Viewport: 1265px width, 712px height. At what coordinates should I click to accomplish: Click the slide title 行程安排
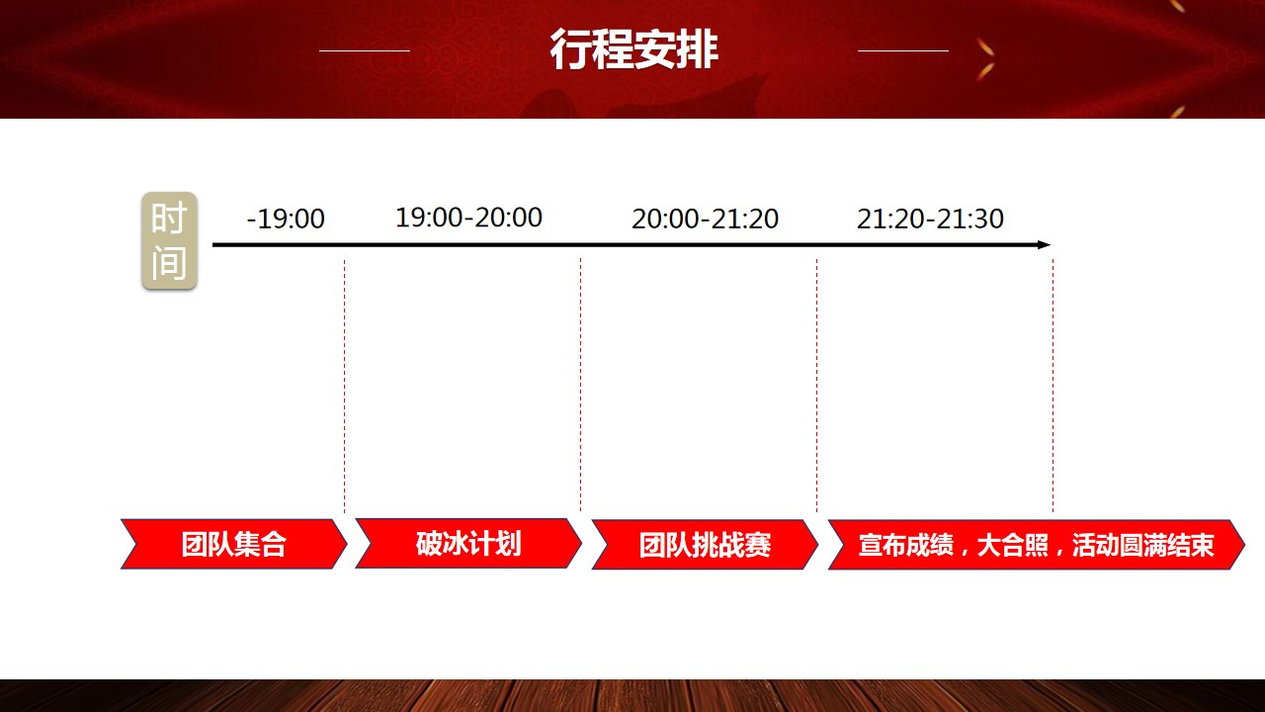633,49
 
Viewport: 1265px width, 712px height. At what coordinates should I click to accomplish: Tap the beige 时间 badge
169,240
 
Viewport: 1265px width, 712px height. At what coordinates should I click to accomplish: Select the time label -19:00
286,219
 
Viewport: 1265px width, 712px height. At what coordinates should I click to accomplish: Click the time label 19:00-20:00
468,218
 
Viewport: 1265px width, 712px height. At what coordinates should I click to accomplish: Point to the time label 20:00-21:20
705,219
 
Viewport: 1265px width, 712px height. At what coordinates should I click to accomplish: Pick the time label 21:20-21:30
930,219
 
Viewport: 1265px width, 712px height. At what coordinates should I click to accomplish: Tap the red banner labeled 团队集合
234,544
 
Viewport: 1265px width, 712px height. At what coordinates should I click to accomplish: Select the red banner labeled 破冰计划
468,543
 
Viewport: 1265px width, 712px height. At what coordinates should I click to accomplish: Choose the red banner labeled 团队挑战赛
705,545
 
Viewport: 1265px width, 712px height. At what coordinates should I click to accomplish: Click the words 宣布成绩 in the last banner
906,545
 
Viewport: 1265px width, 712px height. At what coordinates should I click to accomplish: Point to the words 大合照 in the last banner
1013,545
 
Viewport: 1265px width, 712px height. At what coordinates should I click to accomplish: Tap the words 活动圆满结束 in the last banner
1143,545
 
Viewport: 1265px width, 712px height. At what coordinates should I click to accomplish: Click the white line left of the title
365,50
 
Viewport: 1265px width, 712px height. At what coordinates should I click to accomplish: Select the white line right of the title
903,50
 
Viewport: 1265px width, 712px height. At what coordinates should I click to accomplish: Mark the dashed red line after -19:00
345,386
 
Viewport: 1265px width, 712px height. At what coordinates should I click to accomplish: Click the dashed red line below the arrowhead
1054,386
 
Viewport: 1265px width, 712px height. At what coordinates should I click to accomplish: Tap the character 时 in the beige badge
169,218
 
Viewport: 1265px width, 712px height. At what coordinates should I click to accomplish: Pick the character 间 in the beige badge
169,263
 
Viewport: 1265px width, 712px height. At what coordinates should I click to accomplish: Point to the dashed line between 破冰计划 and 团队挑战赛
580,386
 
